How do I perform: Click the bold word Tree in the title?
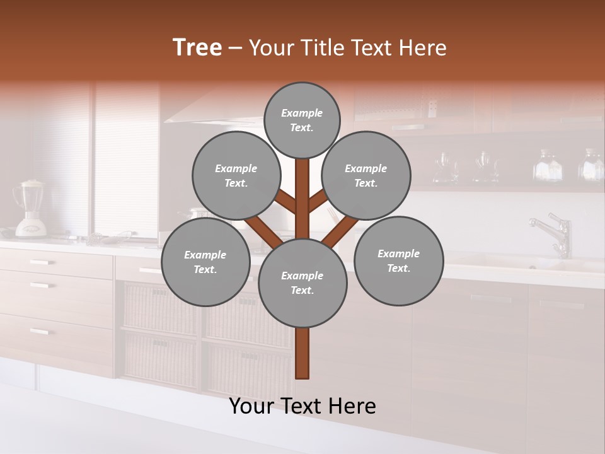[x=197, y=47]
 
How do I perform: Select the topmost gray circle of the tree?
[x=302, y=120]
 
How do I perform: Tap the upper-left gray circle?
[x=236, y=176]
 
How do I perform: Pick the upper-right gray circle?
[x=366, y=176]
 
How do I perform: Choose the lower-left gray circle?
[x=205, y=262]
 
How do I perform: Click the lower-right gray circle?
[x=398, y=261]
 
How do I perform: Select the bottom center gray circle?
[x=302, y=283]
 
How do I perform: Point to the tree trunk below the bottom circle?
[x=302, y=353]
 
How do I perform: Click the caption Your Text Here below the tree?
[x=302, y=406]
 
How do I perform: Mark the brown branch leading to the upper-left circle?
[x=285, y=202]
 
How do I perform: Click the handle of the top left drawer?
[x=42, y=262]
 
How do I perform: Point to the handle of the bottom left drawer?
[x=39, y=331]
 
